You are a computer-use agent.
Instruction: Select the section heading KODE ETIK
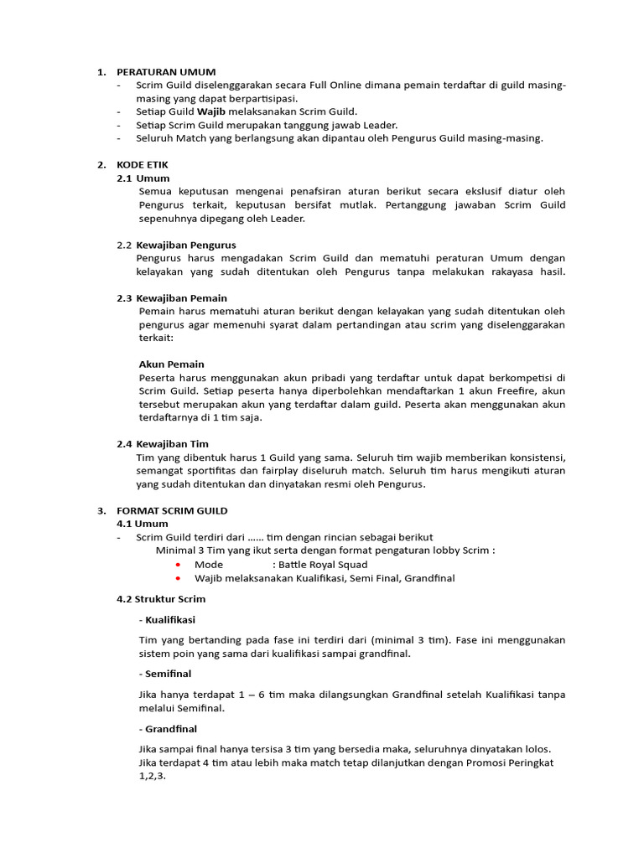pos(143,165)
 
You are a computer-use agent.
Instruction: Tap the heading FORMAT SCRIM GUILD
pos(172,510)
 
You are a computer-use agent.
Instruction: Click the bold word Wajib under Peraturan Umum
pos(211,111)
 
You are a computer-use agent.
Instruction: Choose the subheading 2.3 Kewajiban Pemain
pos(172,297)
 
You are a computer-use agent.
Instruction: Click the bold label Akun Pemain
pos(171,364)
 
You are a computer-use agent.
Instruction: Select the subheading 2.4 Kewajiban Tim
pos(163,443)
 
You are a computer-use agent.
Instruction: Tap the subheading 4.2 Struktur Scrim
pos(161,599)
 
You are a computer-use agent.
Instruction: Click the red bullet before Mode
pos(179,565)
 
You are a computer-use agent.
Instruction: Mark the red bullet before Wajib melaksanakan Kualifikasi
pos(179,578)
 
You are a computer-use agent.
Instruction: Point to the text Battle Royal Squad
pos(323,565)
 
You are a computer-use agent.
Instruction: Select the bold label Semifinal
pos(168,673)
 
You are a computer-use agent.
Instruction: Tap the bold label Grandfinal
pos(171,728)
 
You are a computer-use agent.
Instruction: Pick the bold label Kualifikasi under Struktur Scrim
pos(169,619)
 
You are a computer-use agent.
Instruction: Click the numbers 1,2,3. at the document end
pos(153,776)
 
